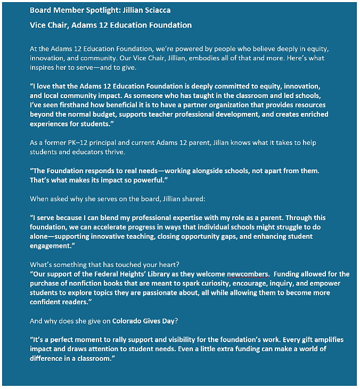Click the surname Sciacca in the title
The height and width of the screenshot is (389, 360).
[x=156, y=10]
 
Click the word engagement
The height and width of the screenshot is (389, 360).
[x=51, y=247]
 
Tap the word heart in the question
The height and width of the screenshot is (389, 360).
[x=162, y=265]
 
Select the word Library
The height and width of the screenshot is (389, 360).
[x=162, y=274]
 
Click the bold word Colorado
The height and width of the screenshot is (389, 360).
[x=130, y=321]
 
